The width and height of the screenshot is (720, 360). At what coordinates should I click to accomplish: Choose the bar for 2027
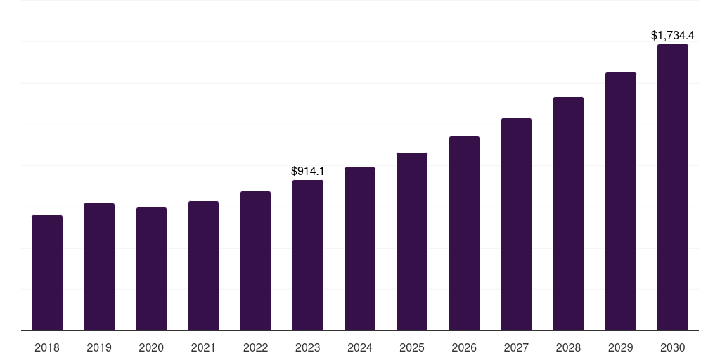516,224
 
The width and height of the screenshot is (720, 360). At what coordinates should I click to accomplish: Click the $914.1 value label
308,171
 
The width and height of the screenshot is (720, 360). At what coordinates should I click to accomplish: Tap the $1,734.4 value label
673,35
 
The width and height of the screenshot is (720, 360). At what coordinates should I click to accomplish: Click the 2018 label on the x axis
47,347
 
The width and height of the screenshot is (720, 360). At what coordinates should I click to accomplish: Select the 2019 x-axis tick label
99,347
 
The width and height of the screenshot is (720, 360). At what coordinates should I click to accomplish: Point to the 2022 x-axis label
255,347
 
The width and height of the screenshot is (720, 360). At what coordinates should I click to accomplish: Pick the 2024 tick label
360,347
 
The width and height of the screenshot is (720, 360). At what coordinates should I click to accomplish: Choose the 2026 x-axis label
464,347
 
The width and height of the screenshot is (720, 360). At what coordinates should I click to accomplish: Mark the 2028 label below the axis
568,347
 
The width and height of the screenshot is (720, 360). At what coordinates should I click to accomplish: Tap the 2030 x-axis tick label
673,347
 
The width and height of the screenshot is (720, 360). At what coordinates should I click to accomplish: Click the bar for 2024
360,249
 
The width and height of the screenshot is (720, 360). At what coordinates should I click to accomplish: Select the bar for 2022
255,261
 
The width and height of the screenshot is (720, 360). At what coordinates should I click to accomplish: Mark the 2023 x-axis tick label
308,347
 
